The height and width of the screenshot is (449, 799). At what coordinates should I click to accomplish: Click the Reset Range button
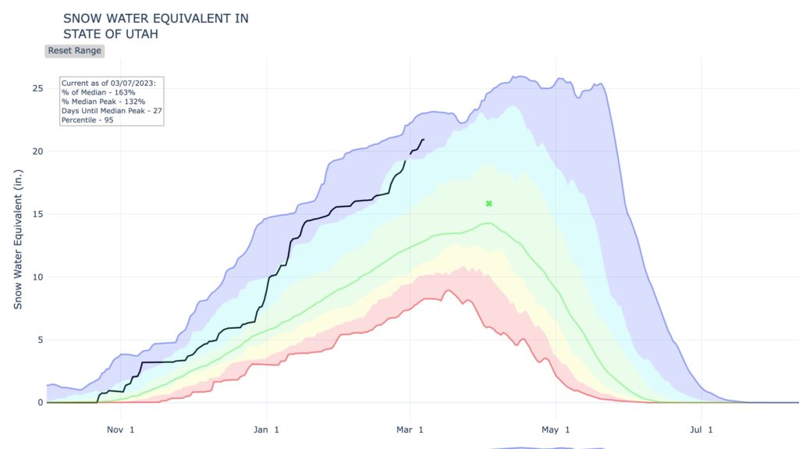[x=75, y=51]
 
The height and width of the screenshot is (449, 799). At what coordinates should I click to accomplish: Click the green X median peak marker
[x=489, y=204]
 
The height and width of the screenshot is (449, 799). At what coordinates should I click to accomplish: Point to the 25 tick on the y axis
[x=36, y=88]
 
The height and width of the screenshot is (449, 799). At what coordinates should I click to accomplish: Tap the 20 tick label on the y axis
[x=36, y=151]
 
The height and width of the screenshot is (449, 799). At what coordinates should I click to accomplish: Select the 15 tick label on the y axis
[x=36, y=214]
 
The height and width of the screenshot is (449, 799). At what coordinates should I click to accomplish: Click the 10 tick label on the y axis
[x=36, y=277]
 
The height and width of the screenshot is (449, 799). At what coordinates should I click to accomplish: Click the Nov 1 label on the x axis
[x=121, y=429]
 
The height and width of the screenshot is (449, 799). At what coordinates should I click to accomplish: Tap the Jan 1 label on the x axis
[x=266, y=429]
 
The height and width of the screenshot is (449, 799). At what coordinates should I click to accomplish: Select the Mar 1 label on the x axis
[x=410, y=429]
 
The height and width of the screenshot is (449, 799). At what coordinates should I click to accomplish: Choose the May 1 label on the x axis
[x=556, y=429]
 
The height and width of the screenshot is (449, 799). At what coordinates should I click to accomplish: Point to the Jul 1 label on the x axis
[x=700, y=429]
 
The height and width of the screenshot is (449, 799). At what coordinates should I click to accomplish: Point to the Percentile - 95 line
[x=88, y=120]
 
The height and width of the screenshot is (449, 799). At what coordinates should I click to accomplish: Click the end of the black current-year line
[x=424, y=140]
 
